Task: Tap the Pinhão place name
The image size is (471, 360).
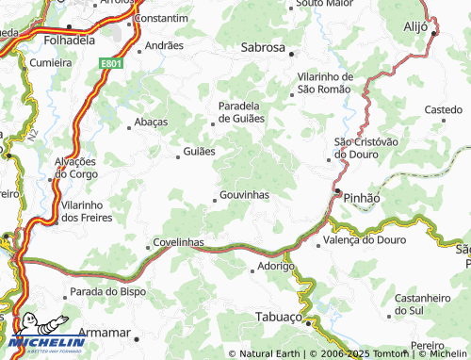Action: point(362,199)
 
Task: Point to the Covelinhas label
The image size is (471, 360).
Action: point(178,242)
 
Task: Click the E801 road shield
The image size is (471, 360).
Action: point(113,64)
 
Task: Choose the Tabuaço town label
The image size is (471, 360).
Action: point(278,318)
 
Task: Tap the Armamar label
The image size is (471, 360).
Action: point(105,333)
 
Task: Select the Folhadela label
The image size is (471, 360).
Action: point(68,41)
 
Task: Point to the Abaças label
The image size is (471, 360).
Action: point(152,122)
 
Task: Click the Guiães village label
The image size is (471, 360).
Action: point(199,151)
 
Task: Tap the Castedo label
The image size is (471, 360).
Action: point(443,110)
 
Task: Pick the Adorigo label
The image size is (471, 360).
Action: point(278,267)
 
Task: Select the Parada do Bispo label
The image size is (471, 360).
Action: point(108,291)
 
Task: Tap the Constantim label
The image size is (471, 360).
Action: point(162,18)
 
